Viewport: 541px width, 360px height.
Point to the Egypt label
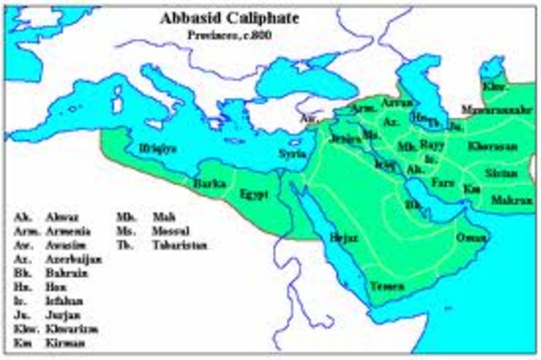(x=254, y=194)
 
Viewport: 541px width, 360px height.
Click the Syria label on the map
(x=292, y=154)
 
